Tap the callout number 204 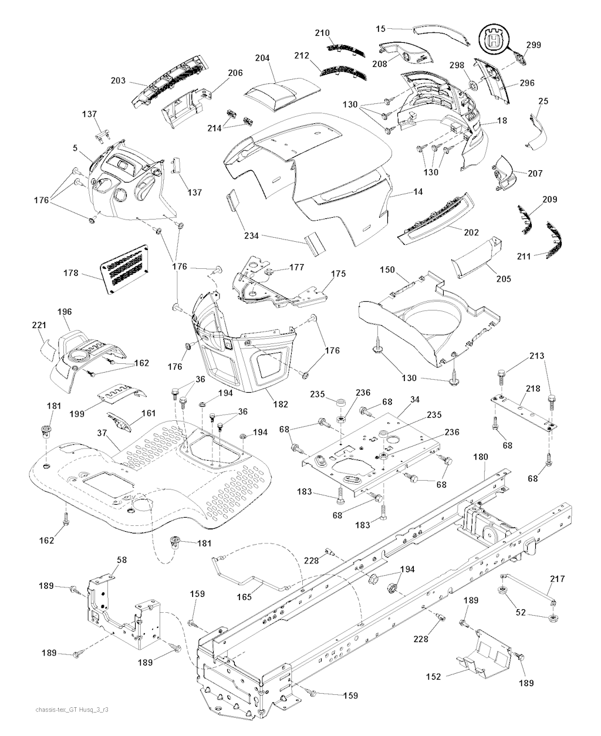[x=262, y=58]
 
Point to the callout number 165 [x=244, y=597]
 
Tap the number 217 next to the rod [x=557, y=579]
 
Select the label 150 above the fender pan [x=387, y=269]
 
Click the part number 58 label [x=121, y=561]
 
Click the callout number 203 [x=118, y=80]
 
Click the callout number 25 [x=543, y=102]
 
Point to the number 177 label [x=297, y=267]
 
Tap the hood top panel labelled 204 [x=282, y=92]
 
